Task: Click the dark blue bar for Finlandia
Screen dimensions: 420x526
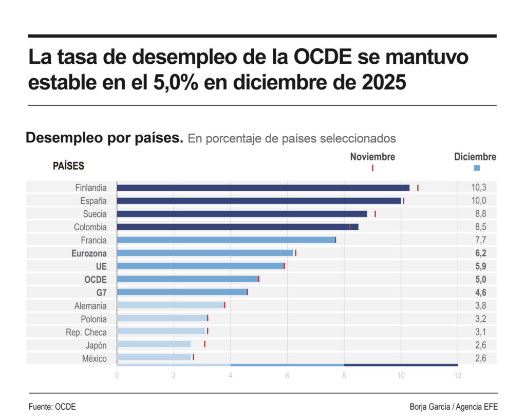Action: [x=263, y=188]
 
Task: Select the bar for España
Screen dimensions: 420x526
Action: [x=259, y=201]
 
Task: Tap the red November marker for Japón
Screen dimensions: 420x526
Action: [x=204, y=344]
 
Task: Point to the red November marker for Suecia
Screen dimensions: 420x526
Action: [x=375, y=214]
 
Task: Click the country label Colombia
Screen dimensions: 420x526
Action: [x=90, y=227]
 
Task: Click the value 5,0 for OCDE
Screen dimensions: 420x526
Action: [x=479, y=280]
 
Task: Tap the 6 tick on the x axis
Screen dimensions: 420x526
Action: [x=287, y=376]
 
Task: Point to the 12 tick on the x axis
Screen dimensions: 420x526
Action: [x=457, y=376]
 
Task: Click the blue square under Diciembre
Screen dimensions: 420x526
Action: [x=476, y=168]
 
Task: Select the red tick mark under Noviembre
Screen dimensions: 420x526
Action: [x=372, y=168]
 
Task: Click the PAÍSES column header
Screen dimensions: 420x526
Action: [x=68, y=167]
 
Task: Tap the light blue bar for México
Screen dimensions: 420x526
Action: [x=154, y=357]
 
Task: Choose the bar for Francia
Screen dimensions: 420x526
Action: [x=226, y=240]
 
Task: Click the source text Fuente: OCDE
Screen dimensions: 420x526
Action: [x=52, y=407]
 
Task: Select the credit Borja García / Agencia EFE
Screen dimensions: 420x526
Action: [x=454, y=407]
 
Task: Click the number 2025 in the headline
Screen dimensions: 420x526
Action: [x=381, y=82]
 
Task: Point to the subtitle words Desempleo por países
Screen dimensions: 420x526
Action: [x=104, y=138]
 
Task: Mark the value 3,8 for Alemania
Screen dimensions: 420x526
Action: [x=479, y=306]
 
